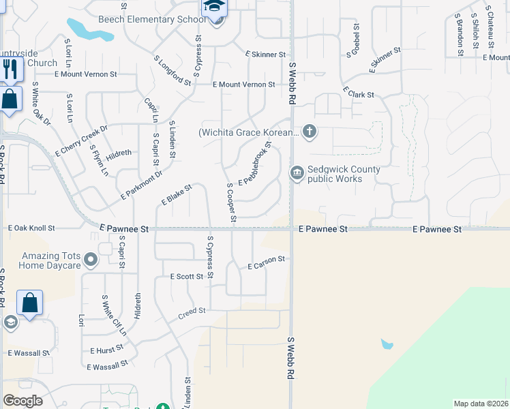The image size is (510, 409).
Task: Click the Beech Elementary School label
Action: [151, 19]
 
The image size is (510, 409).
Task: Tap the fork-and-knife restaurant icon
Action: [10, 69]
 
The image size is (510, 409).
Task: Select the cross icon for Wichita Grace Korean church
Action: [310, 131]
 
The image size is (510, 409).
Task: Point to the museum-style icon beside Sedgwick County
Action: [297, 173]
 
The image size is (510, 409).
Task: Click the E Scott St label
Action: [186, 277]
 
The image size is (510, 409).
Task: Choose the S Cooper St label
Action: [230, 202]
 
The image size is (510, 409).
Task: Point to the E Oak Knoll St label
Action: [40, 229]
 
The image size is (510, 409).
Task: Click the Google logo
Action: [22, 401]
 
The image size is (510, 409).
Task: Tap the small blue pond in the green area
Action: [387, 344]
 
